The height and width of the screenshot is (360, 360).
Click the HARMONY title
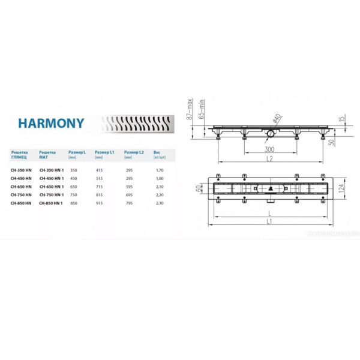point(50,124)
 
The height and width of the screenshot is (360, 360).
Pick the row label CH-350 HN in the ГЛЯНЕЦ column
point(22,170)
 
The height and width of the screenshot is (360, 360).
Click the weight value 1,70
point(159,170)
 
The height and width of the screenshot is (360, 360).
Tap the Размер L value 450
point(73,178)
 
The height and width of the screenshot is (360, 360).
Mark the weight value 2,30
point(159,203)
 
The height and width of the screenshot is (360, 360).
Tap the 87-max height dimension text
point(188,110)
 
